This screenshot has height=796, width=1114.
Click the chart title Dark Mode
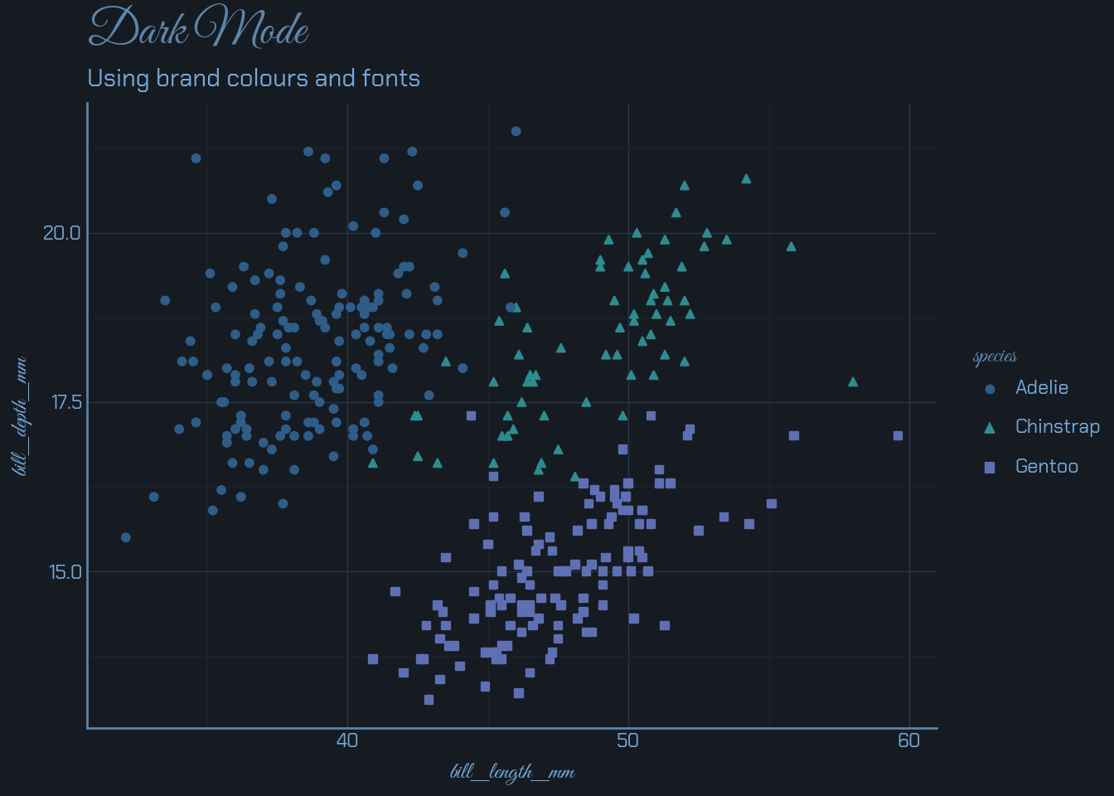tap(198, 28)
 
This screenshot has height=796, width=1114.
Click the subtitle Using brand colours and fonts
tap(254, 79)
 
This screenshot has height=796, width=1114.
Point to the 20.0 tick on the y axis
tap(62, 233)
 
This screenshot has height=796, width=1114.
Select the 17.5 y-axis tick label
tap(66, 402)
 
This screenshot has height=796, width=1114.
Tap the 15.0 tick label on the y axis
tap(65, 572)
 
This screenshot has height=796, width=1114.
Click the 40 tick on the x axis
tap(347, 740)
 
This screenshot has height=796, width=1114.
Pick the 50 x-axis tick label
tap(628, 740)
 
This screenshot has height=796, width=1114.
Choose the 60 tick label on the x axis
tap(909, 740)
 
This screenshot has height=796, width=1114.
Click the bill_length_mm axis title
tap(512, 773)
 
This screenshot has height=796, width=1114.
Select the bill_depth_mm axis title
tap(21, 416)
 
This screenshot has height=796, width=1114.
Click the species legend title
tap(995, 357)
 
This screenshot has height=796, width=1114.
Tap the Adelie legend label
tap(1042, 387)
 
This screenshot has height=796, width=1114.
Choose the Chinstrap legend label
tap(1058, 427)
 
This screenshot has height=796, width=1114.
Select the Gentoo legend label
tap(1047, 467)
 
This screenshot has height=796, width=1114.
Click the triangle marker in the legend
tap(989, 428)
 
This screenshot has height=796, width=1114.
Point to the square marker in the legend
tap(989, 468)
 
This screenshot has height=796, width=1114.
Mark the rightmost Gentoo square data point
tap(898, 436)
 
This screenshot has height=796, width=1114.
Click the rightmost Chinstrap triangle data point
tap(853, 382)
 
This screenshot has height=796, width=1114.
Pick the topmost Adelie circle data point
tap(516, 131)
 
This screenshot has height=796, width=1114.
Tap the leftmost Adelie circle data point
tap(126, 537)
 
